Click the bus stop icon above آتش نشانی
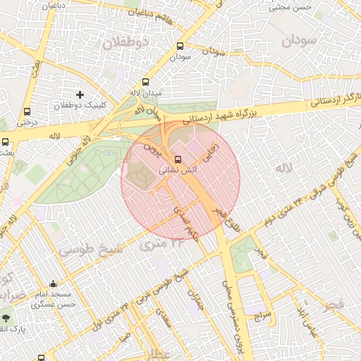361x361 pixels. pos(177,159)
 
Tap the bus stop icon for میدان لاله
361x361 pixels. pos(146,82)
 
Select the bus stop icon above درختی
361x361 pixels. pos(27,111)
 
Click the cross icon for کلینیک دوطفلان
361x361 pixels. pos(80,94)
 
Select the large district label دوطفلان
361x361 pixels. pos(126,43)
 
